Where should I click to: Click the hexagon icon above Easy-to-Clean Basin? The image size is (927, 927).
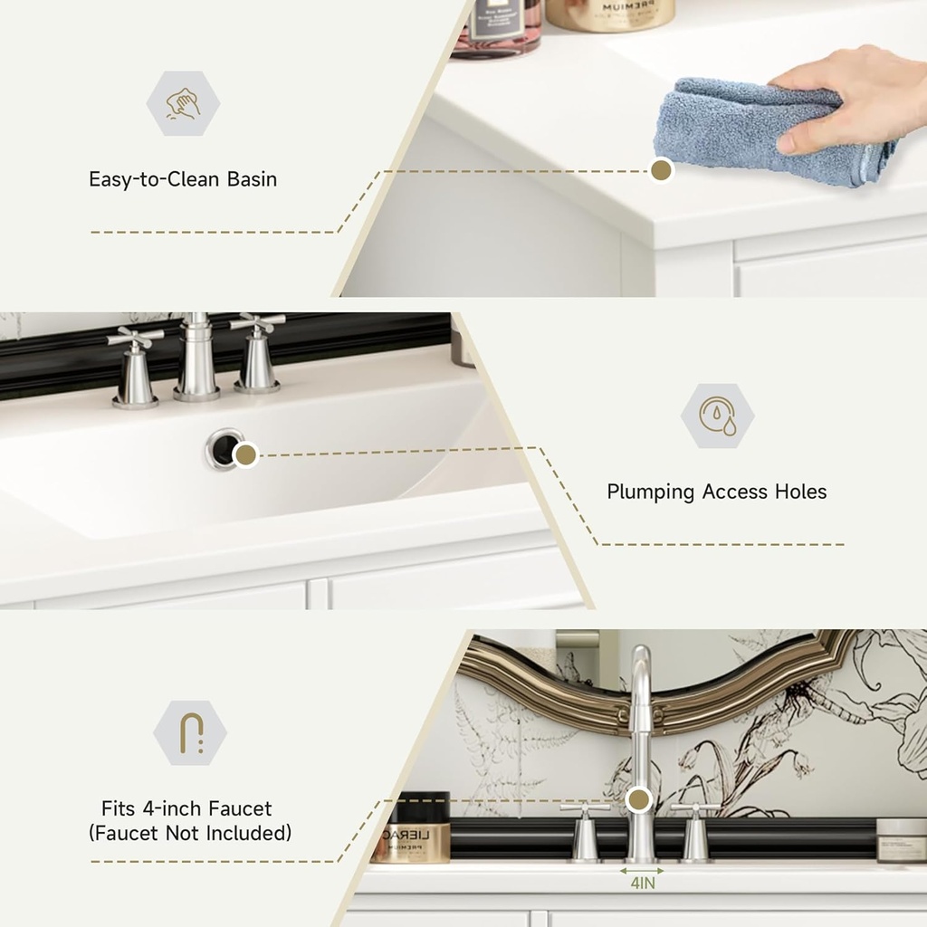183,103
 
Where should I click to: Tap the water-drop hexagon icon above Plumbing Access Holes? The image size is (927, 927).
717,416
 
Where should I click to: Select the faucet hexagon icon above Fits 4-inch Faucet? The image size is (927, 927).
190,732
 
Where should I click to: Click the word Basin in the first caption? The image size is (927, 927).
252,179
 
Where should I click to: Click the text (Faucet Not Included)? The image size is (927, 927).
190,833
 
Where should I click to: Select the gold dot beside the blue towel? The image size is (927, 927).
662,170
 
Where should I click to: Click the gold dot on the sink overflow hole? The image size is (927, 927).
245,454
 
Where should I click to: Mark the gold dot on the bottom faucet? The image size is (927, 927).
639,798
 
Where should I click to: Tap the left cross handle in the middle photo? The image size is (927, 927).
135,367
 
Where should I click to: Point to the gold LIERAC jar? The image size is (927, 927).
411,828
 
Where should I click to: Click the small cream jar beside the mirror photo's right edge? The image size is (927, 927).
901,840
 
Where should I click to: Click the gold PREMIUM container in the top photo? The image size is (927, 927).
610,14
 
